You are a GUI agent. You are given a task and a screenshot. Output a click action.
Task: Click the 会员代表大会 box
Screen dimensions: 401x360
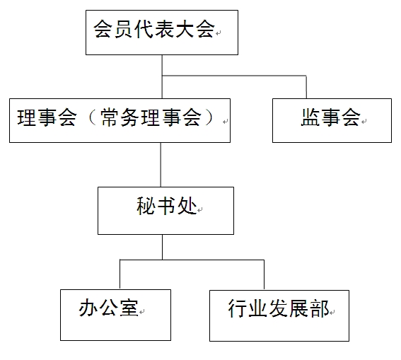coord(162,33)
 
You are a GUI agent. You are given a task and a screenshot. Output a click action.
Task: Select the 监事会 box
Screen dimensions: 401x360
coord(332,120)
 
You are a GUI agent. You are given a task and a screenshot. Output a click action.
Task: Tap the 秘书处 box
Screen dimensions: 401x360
coord(165,211)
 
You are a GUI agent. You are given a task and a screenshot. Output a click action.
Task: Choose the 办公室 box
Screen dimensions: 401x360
coord(115,315)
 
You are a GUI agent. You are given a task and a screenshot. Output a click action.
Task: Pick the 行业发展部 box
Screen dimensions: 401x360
coord(279,315)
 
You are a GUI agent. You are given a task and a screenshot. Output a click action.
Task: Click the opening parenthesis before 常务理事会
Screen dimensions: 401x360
coord(91,117)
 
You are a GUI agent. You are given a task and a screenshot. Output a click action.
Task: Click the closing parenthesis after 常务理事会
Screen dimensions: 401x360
coord(210,117)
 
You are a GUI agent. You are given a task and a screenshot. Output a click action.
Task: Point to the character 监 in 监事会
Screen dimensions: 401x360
coord(310,117)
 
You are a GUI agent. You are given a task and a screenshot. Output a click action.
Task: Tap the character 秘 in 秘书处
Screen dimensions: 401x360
coord(146,206)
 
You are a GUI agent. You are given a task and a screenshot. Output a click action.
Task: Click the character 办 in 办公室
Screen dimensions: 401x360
coord(88,308)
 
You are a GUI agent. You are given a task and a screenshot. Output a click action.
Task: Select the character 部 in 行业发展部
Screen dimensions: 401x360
coord(320,308)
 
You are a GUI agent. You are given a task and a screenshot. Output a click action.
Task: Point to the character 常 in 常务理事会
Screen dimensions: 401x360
coord(110,117)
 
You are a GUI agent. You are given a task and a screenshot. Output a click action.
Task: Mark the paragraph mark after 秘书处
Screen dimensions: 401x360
coord(200,210)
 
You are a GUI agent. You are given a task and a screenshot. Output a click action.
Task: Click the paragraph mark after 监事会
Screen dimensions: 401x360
coord(364,122)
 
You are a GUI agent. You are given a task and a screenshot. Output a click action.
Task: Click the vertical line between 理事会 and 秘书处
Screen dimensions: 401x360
coord(161,165)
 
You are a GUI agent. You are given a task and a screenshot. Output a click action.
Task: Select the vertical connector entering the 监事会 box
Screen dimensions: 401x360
coord(306,87)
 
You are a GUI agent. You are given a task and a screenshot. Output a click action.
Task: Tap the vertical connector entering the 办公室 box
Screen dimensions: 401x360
coord(120,274)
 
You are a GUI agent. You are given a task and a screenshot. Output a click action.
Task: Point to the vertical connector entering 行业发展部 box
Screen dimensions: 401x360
coord(264,275)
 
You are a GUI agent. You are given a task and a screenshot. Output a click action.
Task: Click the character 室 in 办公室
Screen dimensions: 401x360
coord(129,308)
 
